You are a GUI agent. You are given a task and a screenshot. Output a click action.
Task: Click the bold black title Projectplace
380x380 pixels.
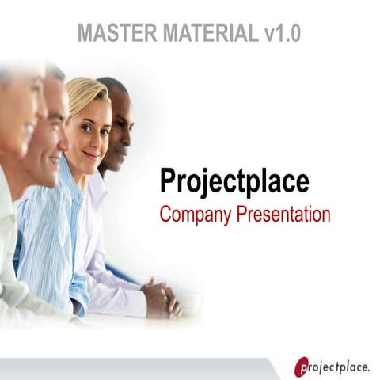coord(234,180)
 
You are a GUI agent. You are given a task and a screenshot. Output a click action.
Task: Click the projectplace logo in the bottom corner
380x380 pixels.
coord(332,366)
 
